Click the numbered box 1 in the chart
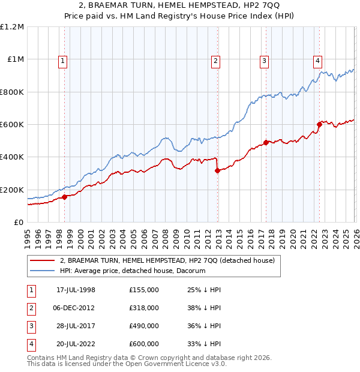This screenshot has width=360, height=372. coord(64,60)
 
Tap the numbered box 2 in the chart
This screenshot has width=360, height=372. coord(215,60)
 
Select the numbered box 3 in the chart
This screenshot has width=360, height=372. coord(264,60)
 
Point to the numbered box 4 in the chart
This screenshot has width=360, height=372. coord(317,60)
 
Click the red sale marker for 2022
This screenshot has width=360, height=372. coord(319,125)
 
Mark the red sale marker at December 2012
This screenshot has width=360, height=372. coord(217,170)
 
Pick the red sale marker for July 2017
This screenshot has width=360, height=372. coord(266,143)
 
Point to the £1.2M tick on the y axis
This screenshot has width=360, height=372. coord(12,27)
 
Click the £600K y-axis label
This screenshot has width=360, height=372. coord(12,125)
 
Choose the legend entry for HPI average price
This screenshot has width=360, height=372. coord(133,271)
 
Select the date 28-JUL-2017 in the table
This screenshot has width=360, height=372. coord(76,326)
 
